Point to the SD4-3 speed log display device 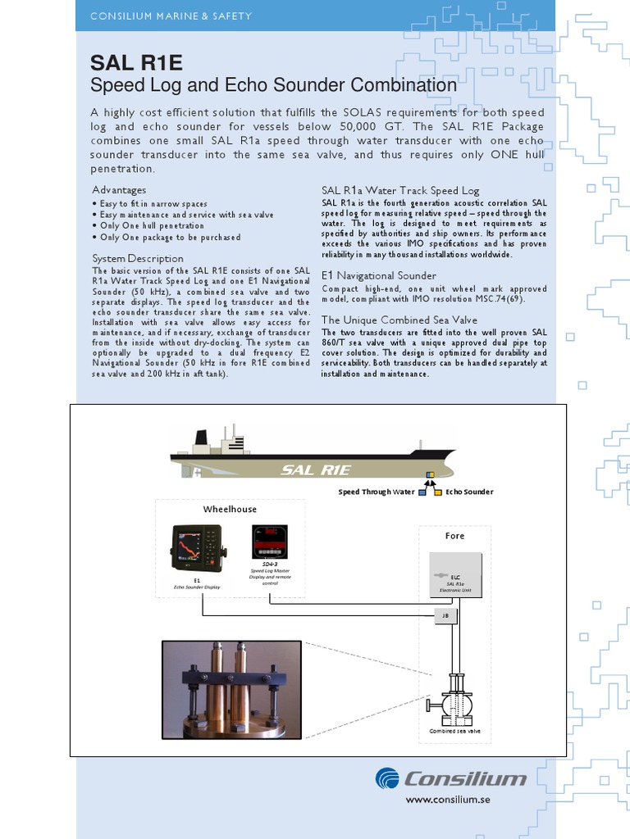(269, 542)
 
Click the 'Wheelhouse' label (230, 509)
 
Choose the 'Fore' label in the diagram (454, 536)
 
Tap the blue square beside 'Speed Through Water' (422, 492)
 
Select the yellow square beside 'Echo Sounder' (438, 492)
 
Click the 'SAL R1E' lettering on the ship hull (316, 469)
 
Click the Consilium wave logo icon (388, 778)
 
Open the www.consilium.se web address (448, 800)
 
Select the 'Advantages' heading (119, 190)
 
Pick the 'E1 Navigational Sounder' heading (378, 275)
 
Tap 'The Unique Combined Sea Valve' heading (399, 320)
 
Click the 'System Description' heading (137, 258)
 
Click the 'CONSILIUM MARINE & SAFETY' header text (171, 16)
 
